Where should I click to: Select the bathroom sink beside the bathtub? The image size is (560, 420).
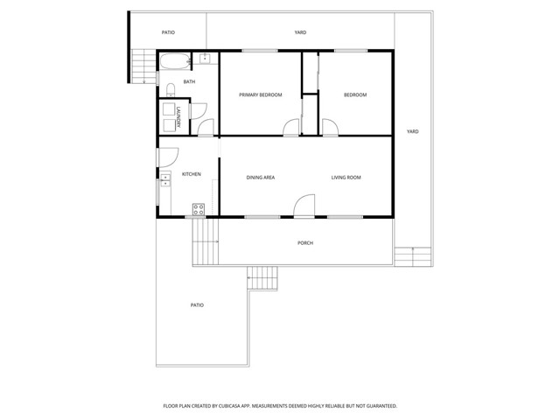tap(204, 59)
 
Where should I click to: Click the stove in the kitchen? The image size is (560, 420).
tap(199, 209)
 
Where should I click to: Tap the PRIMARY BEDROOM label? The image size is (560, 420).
tap(261, 94)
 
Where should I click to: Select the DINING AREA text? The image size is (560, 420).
tap(261, 178)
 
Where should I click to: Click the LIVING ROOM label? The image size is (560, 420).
tap(346, 178)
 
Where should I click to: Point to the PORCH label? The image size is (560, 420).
tap(304, 243)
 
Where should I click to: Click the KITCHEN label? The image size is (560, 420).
tap(191, 174)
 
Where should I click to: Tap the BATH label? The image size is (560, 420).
tap(189, 82)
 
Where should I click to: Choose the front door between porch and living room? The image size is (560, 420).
tap(304, 206)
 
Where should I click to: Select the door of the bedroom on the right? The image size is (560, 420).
tap(330, 129)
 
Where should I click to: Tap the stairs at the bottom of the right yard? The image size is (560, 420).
tap(404, 256)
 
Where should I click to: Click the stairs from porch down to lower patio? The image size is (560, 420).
tap(261, 279)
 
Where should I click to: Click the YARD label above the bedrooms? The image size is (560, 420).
tap(300, 32)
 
